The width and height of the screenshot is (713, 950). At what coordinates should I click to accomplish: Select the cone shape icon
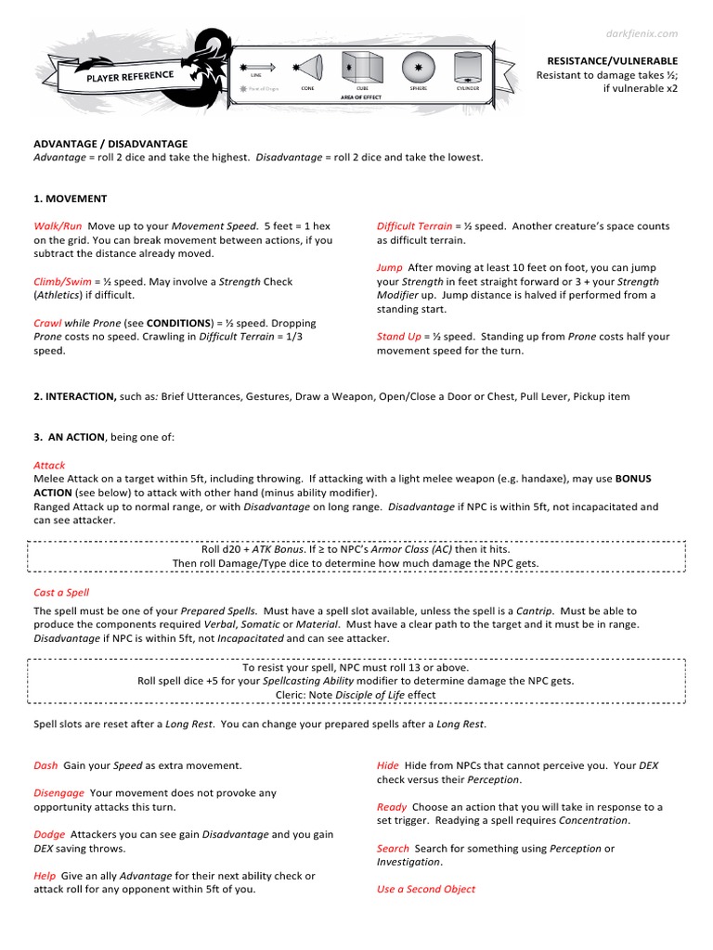307,68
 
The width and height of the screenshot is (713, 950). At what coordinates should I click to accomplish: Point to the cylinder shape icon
468,67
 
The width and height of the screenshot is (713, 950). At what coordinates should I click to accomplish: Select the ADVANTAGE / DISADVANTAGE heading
110,144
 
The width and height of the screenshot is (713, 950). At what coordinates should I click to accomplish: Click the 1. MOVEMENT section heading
71,199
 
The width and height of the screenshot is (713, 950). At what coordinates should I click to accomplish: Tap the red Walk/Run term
58,226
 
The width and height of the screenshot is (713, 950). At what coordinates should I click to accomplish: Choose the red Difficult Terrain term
414,226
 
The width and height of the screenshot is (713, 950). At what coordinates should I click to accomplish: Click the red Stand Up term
398,337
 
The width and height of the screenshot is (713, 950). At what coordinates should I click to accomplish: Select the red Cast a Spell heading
61,592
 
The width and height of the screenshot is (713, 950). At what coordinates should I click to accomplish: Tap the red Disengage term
58,793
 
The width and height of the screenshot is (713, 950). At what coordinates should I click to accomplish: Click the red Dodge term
49,834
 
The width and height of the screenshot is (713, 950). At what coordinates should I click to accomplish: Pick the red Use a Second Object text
425,889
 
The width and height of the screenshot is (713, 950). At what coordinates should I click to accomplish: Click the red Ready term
391,807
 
